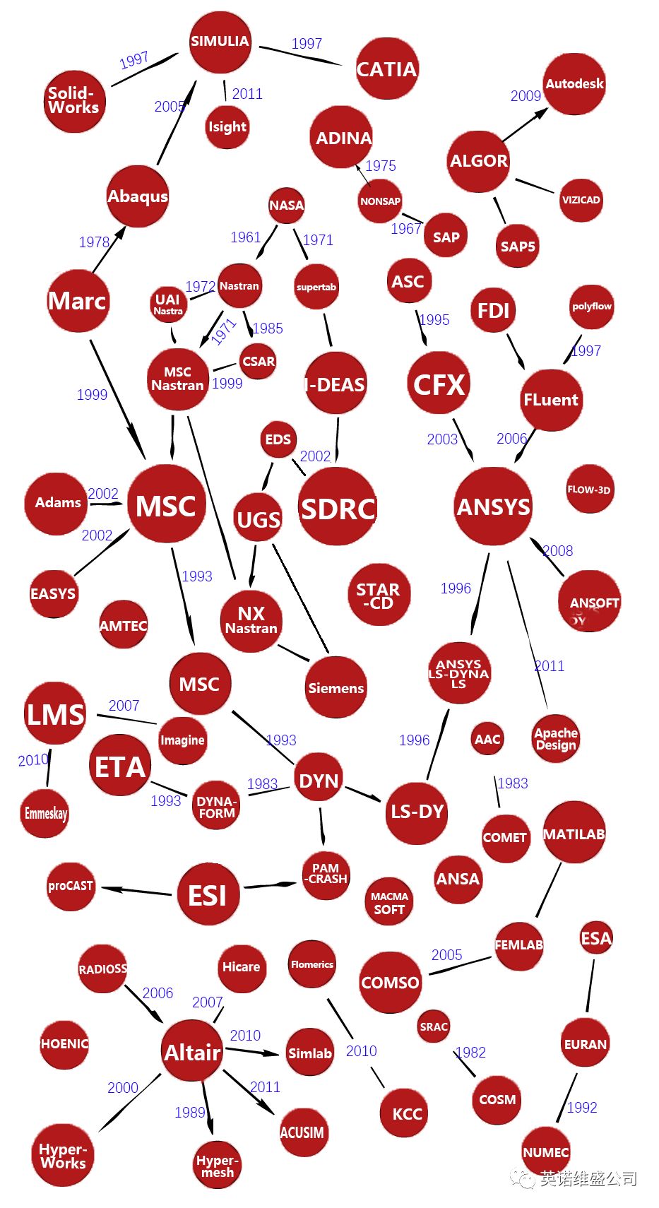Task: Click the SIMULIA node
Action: pyautogui.click(x=220, y=42)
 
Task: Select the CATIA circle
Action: pyautogui.click(x=386, y=69)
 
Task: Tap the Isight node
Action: pyautogui.click(x=227, y=127)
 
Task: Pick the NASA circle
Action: pyautogui.click(x=286, y=206)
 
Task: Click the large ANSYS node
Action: pyautogui.click(x=493, y=507)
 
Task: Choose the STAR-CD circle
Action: pyautogui.click(x=378, y=595)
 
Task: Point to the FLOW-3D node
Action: pyautogui.click(x=589, y=489)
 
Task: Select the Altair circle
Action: pyautogui.click(x=192, y=1053)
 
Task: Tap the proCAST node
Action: pyautogui.click(x=71, y=886)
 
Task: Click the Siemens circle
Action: pyautogui.click(x=336, y=687)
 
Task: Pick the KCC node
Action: pyautogui.click(x=407, y=1114)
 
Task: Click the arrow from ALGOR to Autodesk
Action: pyautogui.click(x=525, y=125)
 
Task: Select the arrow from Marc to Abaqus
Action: pyautogui.click(x=109, y=249)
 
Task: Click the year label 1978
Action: pyautogui.click(x=94, y=242)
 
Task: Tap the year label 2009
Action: pyautogui.click(x=526, y=96)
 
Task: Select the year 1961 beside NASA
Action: pyautogui.click(x=246, y=237)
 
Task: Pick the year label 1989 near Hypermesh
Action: pyautogui.click(x=190, y=1113)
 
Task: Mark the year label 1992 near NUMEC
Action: pyautogui.click(x=582, y=1108)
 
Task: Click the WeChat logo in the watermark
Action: pyautogui.click(x=523, y=1178)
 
